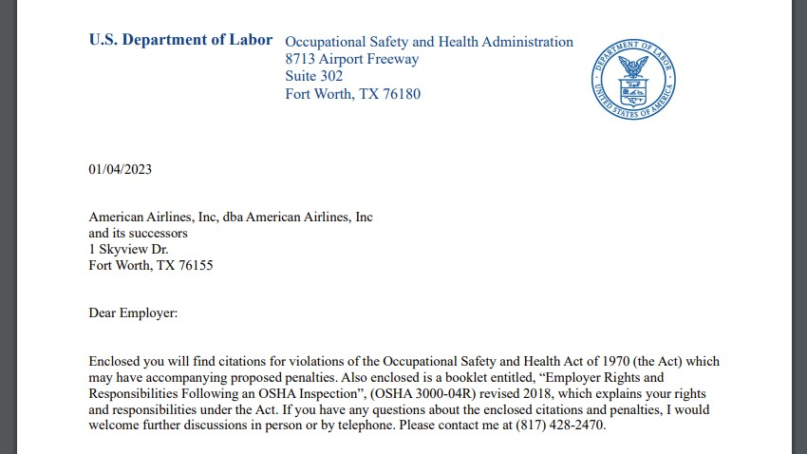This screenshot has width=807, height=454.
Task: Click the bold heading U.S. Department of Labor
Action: pos(180,40)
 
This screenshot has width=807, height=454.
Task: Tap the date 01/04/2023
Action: pos(120,170)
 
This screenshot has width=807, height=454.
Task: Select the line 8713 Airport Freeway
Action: pos(351,59)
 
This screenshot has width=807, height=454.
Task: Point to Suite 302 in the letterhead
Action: pos(314,76)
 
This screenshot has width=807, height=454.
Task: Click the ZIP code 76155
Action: pos(194,265)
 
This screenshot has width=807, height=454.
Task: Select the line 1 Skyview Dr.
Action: pos(128,249)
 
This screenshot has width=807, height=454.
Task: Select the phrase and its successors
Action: pos(139,233)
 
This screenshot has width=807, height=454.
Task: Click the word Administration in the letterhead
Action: pos(527,42)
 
